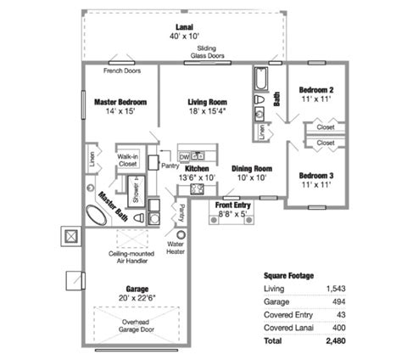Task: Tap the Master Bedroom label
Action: (x=120, y=102)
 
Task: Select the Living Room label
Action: (x=208, y=102)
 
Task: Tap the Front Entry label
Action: (x=232, y=205)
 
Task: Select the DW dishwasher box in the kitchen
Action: (x=184, y=157)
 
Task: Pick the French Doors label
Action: (x=121, y=70)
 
